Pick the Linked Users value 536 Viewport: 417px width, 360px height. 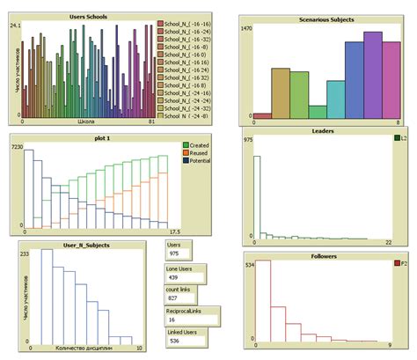point(176,342)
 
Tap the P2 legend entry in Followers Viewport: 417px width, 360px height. point(401,263)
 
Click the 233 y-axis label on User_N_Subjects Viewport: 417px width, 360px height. point(25,253)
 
